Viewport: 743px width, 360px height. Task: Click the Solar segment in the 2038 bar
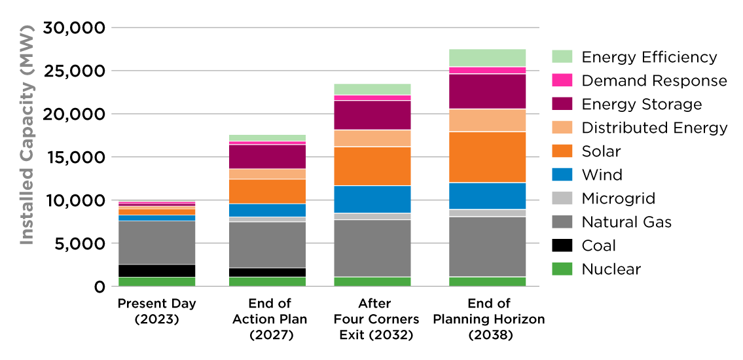point(487,157)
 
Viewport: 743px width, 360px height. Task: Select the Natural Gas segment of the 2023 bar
point(156,242)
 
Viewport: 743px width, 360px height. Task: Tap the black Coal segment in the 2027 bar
point(266,272)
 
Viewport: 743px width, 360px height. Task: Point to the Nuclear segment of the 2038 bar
point(487,281)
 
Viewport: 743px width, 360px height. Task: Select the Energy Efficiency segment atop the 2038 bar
point(487,58)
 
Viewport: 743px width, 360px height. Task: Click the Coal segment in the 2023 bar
point(156,271)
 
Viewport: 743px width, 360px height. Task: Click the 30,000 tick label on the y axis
point(74,28)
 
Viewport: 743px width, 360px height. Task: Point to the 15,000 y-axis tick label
point(74,157)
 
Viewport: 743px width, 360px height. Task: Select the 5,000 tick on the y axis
point(79,243)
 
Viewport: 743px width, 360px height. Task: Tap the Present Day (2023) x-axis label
point(156,310)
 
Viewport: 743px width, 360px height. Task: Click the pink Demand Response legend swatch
point(562,81)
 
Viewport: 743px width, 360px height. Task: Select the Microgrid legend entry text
point(618,198)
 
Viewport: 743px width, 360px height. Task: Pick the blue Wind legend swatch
point(562,175)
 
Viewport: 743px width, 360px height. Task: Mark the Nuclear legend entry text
point(611,269)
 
